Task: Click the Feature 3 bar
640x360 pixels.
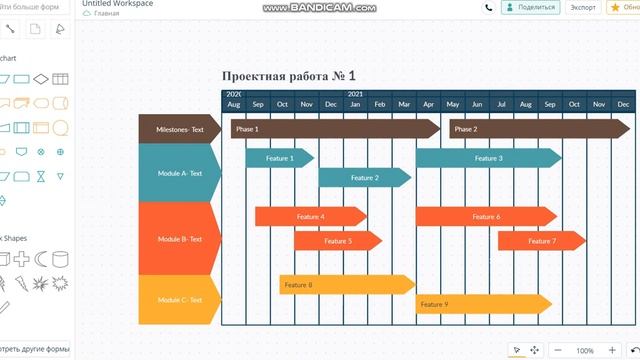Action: coord(487,158)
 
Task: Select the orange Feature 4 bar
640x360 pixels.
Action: coord(310,216)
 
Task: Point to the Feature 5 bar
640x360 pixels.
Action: coord(337,240)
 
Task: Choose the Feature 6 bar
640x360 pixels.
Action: coord(485,216)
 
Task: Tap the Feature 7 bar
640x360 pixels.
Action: coord(541,240)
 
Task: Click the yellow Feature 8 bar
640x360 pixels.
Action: coord(346,285)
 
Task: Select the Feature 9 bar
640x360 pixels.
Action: coord(483,304)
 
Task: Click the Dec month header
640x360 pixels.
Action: coord(331,104)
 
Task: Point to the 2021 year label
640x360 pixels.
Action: coord(355,94)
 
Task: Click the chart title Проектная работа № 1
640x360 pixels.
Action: coord(288,76)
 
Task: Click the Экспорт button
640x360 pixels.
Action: coord(583,7)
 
